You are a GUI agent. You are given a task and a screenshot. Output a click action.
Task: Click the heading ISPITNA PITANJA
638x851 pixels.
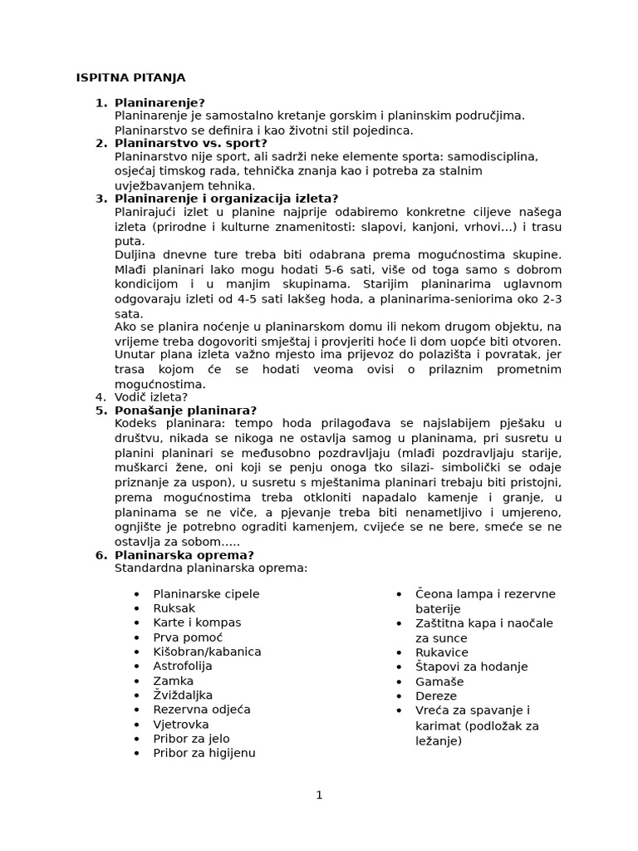tap(130, 77)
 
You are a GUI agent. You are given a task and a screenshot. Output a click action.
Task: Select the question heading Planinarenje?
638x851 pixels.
tap(159, 102)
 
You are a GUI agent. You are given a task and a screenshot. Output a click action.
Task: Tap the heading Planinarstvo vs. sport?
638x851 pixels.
tap(190, 142)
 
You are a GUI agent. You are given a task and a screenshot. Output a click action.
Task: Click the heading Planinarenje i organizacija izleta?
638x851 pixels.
tap(226, 198)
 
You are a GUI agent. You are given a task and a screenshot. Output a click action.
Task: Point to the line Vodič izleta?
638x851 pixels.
tap(152, 396)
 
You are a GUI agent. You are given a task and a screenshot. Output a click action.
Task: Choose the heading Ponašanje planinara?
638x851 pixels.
tap(185, 410)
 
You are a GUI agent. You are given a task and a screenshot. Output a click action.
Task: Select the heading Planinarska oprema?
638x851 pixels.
tap(184, 554)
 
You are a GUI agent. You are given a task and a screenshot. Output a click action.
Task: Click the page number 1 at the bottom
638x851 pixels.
tap(319, 794)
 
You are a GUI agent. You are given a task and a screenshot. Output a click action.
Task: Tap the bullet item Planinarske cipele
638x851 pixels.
tap(206, 593)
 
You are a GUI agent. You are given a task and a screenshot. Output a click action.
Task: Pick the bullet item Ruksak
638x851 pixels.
tap(174, 608)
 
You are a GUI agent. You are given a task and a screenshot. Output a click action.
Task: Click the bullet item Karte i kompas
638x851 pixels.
tap(197, 622)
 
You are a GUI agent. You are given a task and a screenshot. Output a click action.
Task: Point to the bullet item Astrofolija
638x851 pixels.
tap(182, 666)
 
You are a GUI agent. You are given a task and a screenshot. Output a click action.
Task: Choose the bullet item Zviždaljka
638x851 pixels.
tap(183, 695)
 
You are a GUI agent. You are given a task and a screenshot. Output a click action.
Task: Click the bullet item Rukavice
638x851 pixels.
tap(442, 652)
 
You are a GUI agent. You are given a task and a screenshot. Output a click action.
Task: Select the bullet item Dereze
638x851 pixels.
tap(436, 696)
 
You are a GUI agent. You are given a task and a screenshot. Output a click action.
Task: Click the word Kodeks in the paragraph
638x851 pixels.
tap(135, 424)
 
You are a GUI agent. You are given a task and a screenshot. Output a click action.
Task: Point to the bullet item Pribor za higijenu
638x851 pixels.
tap(204, 753)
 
